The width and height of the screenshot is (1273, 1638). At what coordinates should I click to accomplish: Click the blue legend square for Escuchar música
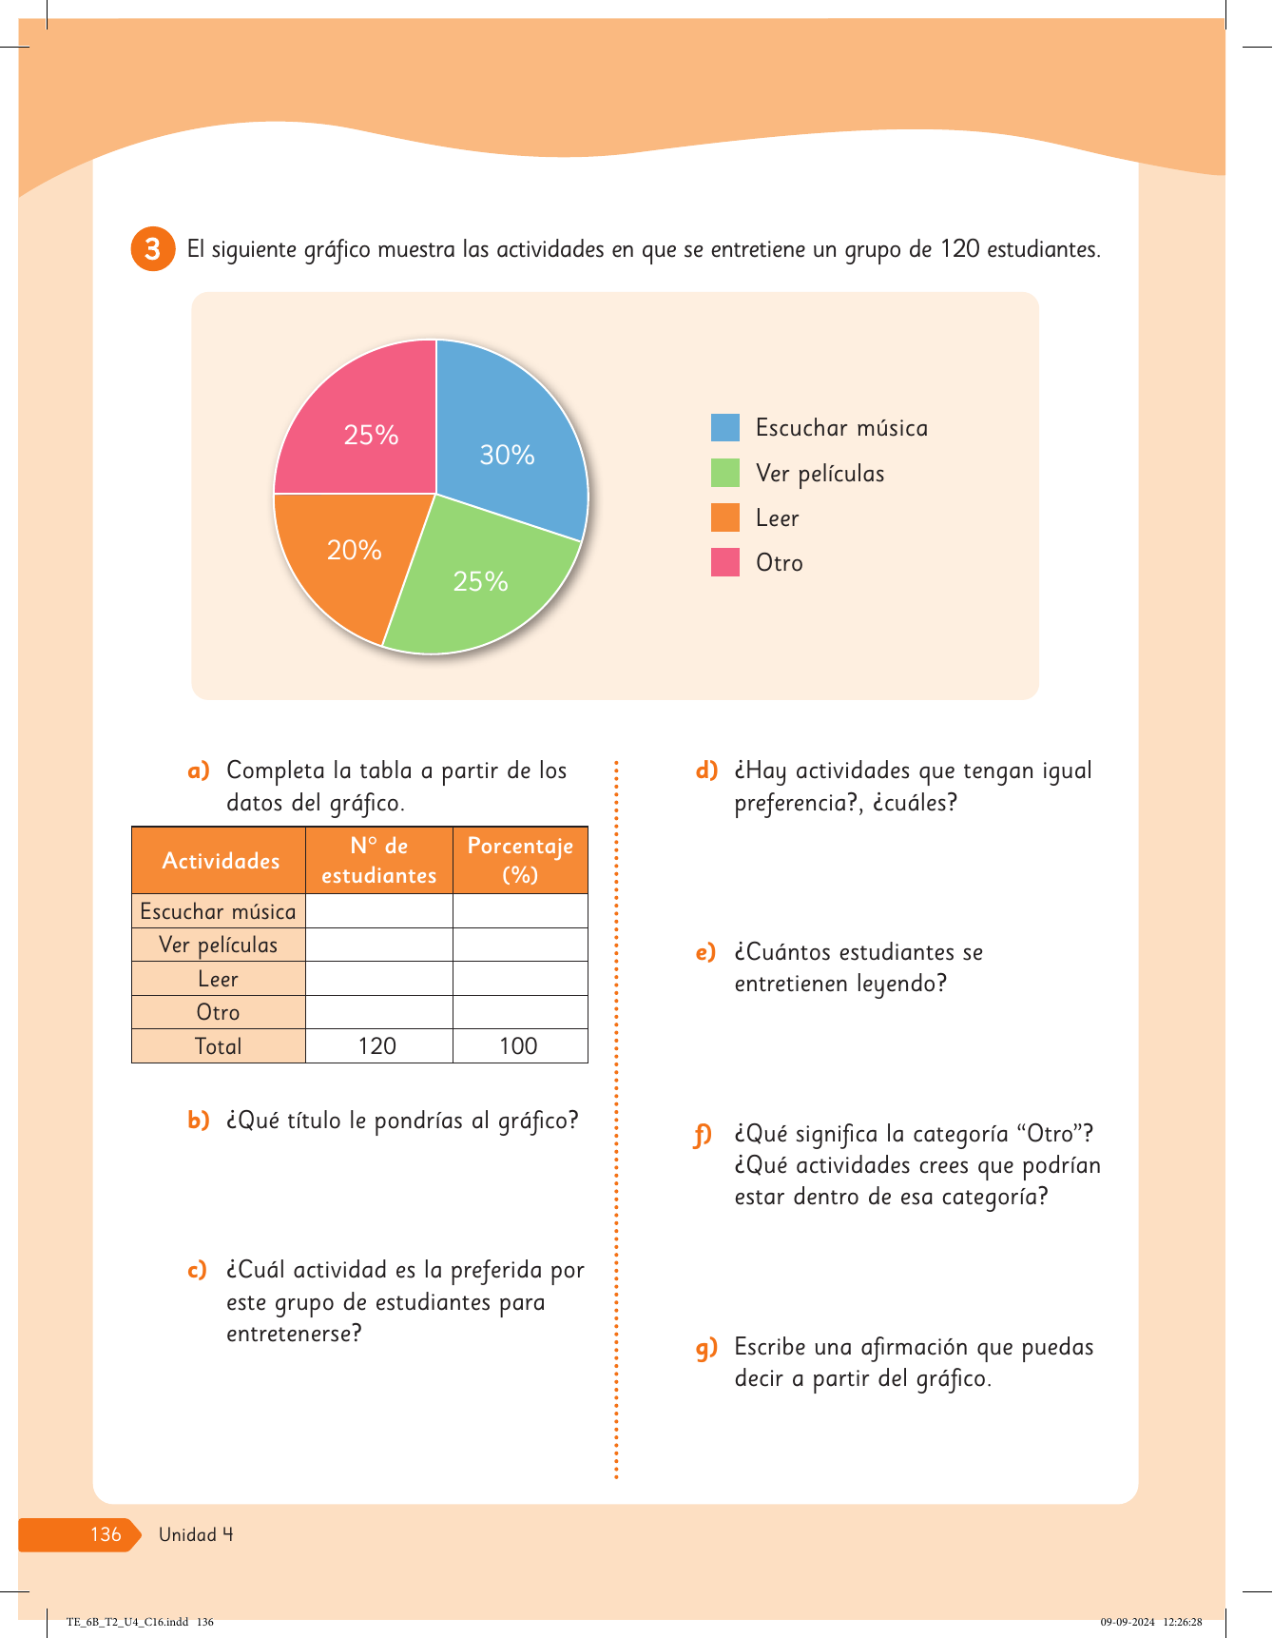pos(725,428)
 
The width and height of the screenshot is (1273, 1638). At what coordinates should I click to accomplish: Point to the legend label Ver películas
pos(820,474)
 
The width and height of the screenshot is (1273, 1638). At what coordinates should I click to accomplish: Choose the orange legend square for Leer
pos(725,517)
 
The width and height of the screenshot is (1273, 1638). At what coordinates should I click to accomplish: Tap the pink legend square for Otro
pos(725,562)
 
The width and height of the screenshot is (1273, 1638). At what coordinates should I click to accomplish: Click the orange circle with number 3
pos(152,249)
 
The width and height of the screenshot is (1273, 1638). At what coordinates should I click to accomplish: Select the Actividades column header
pos(220,861)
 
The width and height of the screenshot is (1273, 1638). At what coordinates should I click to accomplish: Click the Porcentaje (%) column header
pos(520,861)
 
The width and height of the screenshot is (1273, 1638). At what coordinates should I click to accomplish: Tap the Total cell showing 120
pos(377,1046)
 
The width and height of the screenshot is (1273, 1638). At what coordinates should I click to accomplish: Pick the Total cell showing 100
pos(519,1046)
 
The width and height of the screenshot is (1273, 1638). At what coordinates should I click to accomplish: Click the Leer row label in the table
pos(219,979)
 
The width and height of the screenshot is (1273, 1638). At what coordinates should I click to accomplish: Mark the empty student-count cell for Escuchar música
pos(378,911)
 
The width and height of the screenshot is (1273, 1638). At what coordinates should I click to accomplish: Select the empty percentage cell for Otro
pos(520,1012)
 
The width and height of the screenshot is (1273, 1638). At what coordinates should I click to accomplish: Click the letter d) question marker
pos(706,770)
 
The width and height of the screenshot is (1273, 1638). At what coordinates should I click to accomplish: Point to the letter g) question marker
pos(706,1348)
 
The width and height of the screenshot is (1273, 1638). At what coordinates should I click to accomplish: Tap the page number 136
pos(106,1534)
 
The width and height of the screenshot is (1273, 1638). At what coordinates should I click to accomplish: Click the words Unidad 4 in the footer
pos(196,1534)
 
